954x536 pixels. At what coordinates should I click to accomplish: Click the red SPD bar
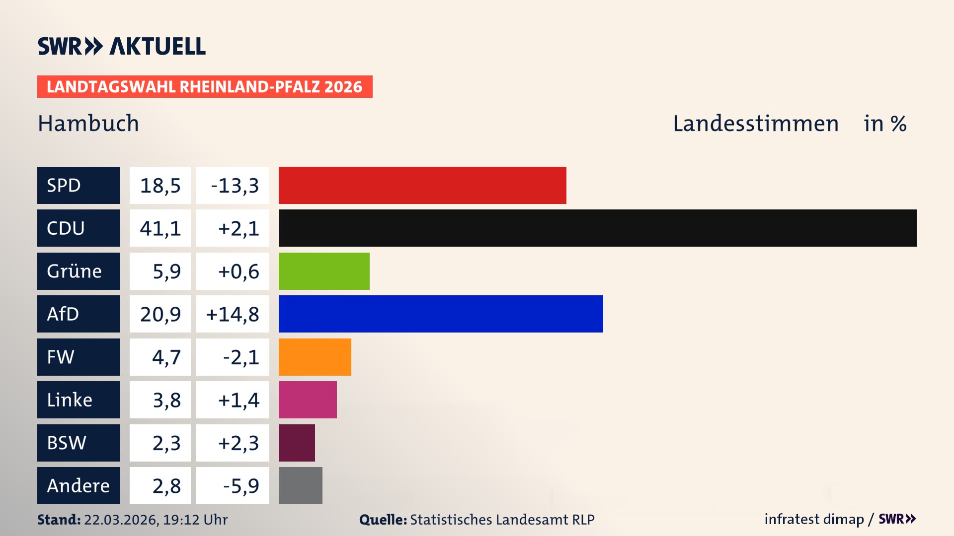click(422, 185)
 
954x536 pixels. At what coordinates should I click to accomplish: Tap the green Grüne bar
click(324, 271)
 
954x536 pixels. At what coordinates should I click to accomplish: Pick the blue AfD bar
click(441, 314)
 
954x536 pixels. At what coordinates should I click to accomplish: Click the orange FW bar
click(315, 357)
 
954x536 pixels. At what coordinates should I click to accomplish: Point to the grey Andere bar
click(300, 485)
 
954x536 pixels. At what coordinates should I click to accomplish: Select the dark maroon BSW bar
click(297, 443)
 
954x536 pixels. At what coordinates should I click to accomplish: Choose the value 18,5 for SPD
click(160, 185)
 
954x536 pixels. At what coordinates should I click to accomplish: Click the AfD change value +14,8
click(233, 314)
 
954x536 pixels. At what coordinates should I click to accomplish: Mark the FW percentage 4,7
click(166, 357)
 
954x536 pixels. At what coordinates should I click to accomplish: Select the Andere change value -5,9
click(240, 485)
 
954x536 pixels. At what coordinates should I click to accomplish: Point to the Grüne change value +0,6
click(238, 271)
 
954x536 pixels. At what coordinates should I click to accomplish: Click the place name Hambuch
click(88, 123)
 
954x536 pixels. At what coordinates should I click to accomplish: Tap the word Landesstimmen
click(755, 123)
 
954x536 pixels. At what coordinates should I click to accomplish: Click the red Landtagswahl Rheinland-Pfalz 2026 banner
click(205, 86)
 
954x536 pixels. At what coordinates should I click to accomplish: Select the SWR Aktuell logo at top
click(122, 46)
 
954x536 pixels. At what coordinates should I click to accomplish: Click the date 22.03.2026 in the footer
click(121, 520)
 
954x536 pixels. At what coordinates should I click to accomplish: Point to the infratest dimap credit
click(814, 519)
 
